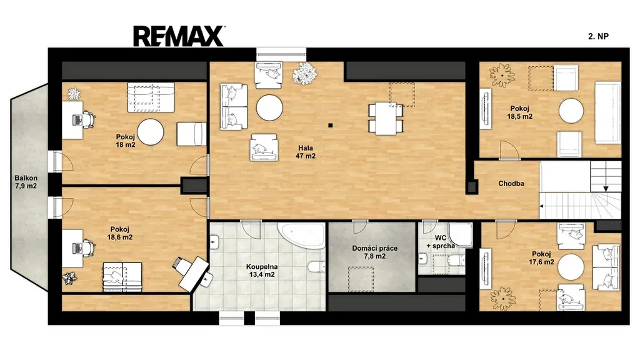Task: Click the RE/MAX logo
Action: (178, 36)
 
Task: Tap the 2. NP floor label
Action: (598, 36)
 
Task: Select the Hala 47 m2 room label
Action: (306, 152)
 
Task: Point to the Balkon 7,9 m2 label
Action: (26, 182)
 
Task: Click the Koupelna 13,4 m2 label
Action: (262, 271)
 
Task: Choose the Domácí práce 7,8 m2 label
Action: (375, 252)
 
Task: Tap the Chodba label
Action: (511, 184)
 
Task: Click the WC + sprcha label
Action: (441, 242)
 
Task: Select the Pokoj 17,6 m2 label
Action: (541, 258)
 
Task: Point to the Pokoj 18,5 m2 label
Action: (519, 112)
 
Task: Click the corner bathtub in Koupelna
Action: (302, 235)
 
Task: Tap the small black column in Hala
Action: (330, 125)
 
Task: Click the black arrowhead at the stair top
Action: (606, 189)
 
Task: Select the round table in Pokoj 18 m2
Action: (150, 132)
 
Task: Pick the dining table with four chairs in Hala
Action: (386, 118)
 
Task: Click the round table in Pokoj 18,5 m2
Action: (571, 111)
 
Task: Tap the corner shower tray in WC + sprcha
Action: (460, 235)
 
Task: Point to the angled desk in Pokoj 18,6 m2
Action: (194, 273)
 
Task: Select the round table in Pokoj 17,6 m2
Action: (571, 266)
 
